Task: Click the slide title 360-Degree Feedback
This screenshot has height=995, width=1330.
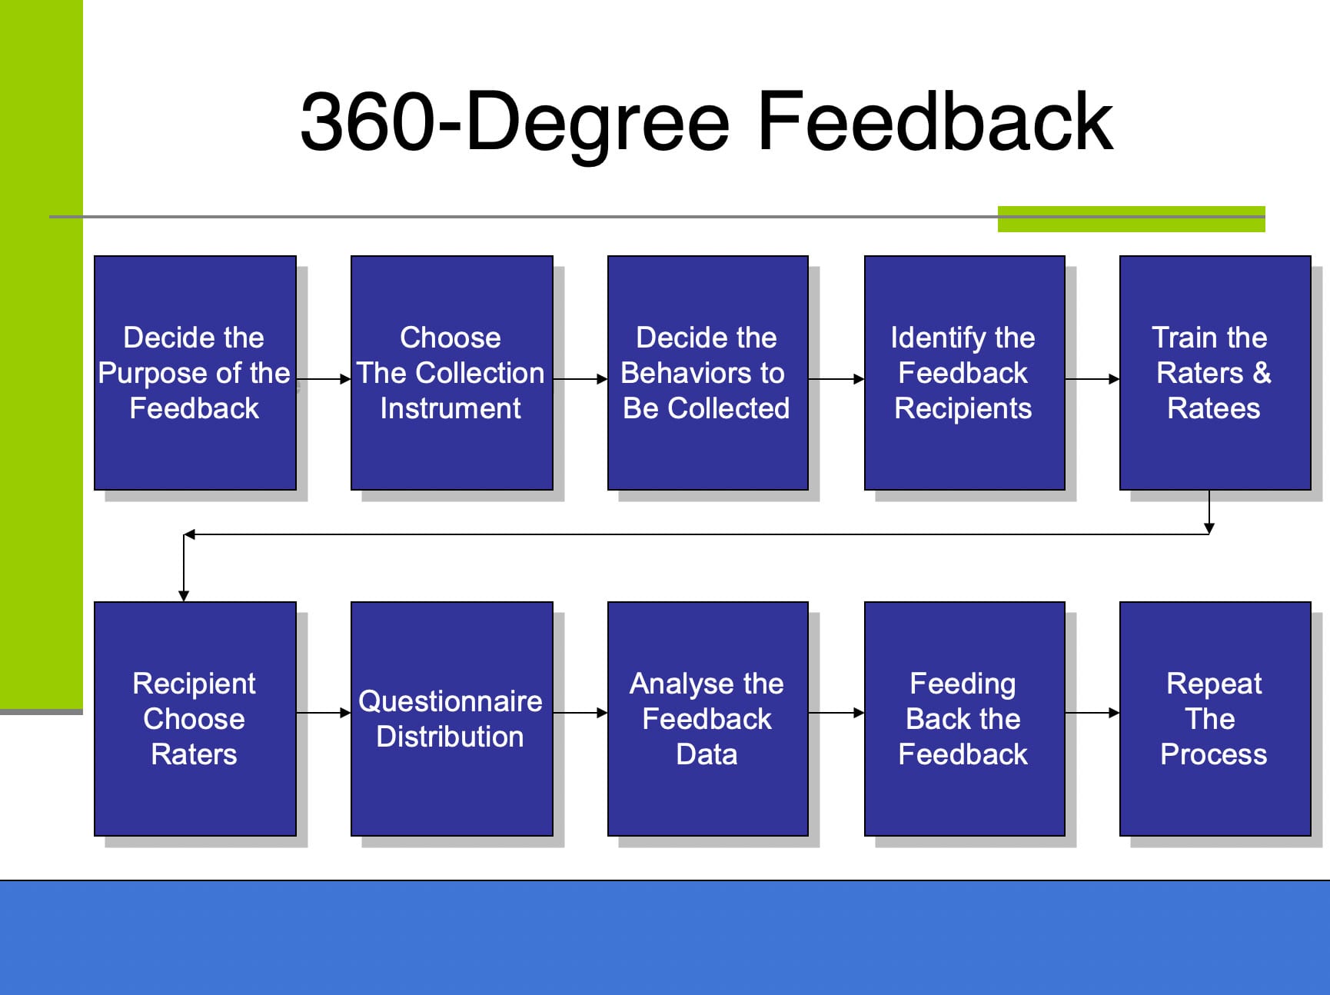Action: click(x=706, y=121)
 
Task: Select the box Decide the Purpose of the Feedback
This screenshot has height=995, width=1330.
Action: click(x=195, y=373)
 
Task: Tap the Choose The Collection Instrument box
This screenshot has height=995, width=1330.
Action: click(x=452, y=373)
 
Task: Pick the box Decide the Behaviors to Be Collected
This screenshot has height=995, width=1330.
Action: click(x=708, y=373)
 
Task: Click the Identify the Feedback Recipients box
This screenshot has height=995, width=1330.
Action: click(x=965, y=373)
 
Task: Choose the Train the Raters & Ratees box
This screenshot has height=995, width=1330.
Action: click(x=1215, y=373)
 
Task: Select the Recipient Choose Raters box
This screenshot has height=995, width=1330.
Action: click(x=195, y=719)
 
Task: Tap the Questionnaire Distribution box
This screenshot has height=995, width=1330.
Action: click(x=452, y=719)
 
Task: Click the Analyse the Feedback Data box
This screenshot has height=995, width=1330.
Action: click(x=708, y=719)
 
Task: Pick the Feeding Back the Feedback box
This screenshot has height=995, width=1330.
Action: click(x=965, y=719)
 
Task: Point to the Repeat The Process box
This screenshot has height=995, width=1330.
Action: click(x=1215, y=719)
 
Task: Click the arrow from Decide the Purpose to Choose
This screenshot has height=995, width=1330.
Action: click(x=324, y=379)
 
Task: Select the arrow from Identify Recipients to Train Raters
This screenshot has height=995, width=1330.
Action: click(x=1092, y=379)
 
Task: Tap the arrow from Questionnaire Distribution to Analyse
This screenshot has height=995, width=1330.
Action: click(x=580, y=713)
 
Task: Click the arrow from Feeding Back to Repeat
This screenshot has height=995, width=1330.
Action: click(x=1092, y=713)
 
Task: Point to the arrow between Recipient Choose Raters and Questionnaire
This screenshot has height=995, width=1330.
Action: click(x=324, y=713)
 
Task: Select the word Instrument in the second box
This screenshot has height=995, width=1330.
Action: click(x=451, y=408)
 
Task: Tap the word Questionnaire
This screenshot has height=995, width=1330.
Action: click(x=451, y=701)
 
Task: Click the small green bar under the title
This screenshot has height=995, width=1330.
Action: click(x=1132, y=219)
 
